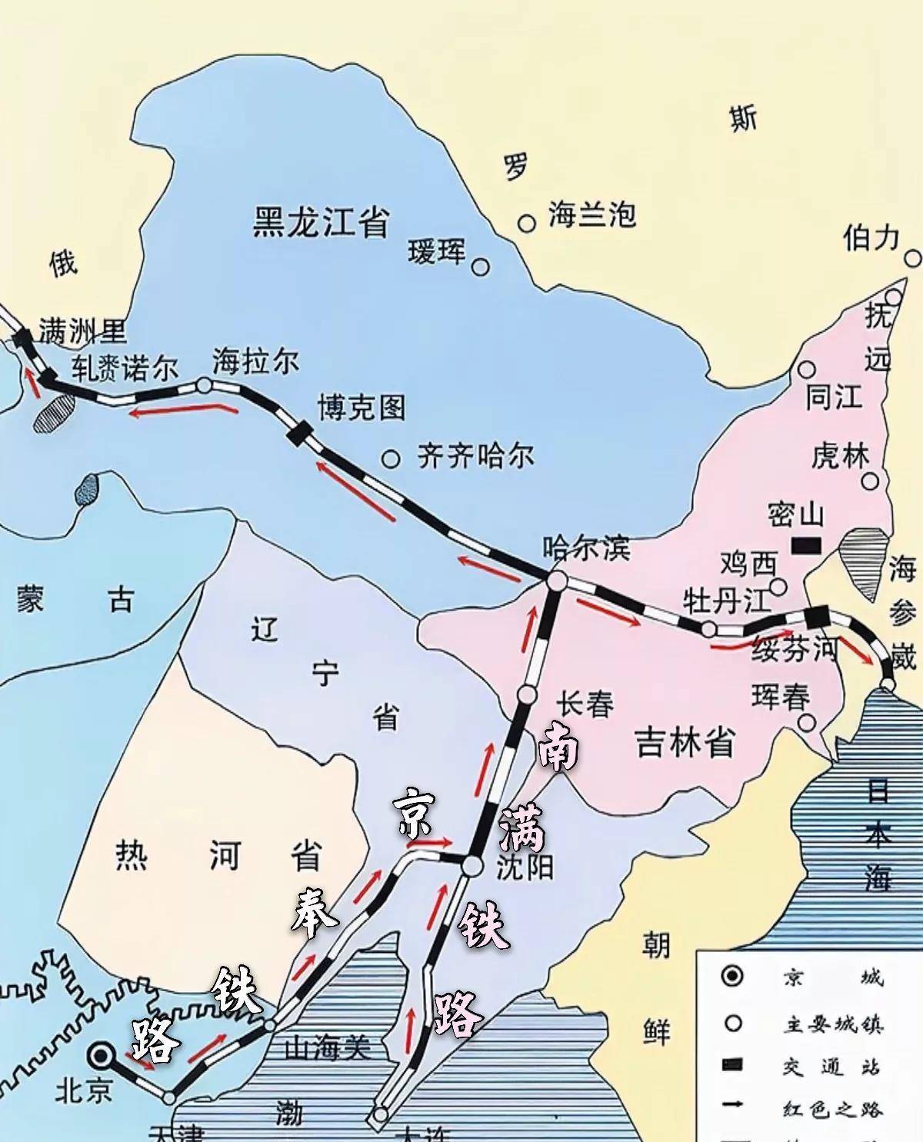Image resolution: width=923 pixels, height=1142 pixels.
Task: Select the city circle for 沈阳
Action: (471, 866)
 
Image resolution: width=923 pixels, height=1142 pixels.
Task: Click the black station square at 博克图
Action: (298, 432)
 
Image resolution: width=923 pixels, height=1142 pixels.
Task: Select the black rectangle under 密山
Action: (805, 545)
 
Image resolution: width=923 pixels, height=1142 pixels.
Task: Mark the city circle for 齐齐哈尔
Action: (391, 459)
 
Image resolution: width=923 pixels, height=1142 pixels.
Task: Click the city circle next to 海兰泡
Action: (526, 223)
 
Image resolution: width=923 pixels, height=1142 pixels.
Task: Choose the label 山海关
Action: (327, 1047)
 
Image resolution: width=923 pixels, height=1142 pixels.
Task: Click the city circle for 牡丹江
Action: (708, 628)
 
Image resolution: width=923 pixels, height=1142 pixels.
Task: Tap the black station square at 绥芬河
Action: (815, 615)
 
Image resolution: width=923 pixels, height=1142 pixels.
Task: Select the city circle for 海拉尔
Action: (205, 385)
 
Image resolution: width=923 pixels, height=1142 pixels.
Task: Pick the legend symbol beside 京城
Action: (733, 977)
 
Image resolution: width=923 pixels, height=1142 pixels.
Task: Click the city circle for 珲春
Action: (806, 722)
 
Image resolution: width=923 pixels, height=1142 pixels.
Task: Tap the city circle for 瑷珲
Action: (480, 267)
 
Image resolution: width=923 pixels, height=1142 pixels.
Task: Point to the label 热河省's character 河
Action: (225, 856)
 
